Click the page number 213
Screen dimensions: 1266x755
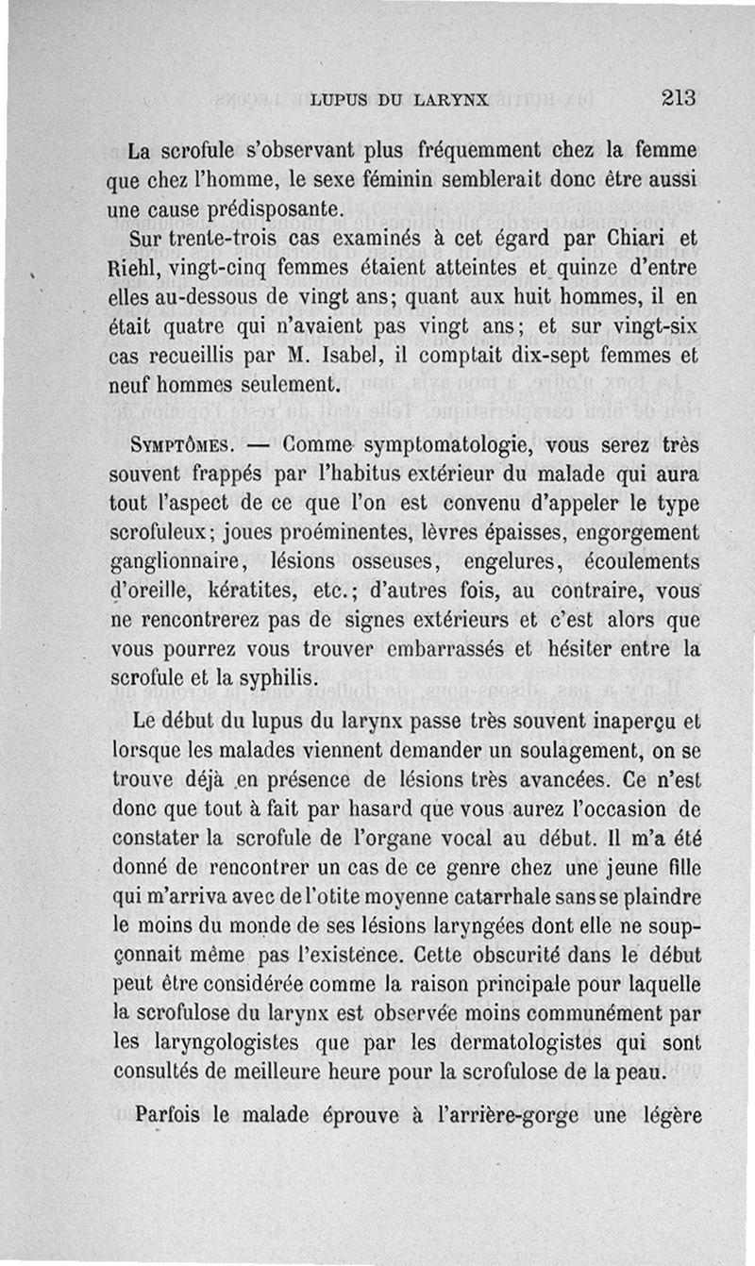coord(679,97)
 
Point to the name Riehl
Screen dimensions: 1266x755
coord(140,268)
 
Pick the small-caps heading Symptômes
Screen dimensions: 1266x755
coord(179,444)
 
